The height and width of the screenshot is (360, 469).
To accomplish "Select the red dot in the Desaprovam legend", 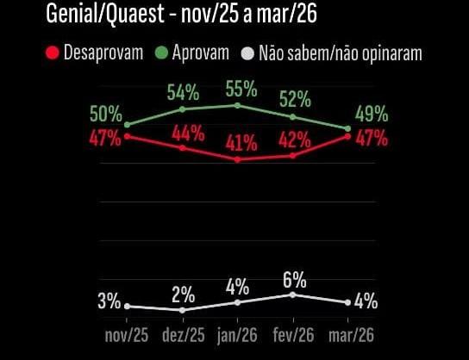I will pos(53,53).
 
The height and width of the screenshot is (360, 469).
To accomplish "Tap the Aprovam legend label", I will pos(201,53).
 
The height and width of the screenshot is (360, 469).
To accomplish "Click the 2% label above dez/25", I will pos(182,291).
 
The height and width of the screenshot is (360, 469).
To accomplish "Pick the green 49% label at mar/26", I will pos(372,115).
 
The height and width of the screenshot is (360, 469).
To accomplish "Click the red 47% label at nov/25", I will pos(104,138).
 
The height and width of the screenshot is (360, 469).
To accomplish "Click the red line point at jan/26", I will pos(237,159).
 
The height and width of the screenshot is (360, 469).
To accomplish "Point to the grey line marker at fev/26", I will pos(293,295).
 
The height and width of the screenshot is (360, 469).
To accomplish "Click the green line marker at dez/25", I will pos(182,109).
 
